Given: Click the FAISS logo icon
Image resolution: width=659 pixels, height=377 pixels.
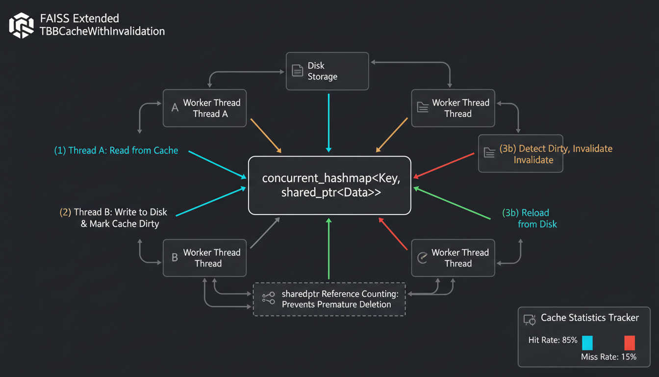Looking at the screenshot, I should pos(22,26).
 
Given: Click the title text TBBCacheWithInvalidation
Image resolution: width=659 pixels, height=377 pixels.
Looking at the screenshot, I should pos(102,31).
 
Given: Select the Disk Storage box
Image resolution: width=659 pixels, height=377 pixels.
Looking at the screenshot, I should pos(327,71).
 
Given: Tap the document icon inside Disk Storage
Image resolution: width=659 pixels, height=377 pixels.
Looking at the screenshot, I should pos(298,71).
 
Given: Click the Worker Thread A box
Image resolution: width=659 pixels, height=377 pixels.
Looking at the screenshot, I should pos(204,108).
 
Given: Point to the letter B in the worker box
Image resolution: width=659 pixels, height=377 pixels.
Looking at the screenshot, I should pos(175,258).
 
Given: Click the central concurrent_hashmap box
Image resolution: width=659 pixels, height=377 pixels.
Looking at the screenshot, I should pos(329,185).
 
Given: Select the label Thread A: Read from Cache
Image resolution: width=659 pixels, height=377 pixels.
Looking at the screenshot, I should pos(116,150).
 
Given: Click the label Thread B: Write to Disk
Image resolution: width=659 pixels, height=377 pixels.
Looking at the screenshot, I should pos(113,213).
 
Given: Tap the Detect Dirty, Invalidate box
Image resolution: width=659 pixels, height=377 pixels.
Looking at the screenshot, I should pos(520,154).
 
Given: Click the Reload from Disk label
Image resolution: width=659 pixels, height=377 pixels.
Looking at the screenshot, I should pos(529,218).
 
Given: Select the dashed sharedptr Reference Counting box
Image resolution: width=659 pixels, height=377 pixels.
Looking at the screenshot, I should pos(329,299).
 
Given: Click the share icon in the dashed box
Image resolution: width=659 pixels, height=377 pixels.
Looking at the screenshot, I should pos(268,298).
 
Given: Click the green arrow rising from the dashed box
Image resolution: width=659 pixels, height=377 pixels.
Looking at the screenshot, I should pos(329,250).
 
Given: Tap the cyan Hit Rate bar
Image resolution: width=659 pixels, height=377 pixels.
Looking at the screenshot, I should pos(587,342).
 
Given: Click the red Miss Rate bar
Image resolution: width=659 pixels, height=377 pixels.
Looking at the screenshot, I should pos(630,342).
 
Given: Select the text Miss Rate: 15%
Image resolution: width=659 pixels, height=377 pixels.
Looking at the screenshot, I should pos(608,357).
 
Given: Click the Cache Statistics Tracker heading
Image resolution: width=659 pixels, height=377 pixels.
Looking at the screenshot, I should pos(590,318).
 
